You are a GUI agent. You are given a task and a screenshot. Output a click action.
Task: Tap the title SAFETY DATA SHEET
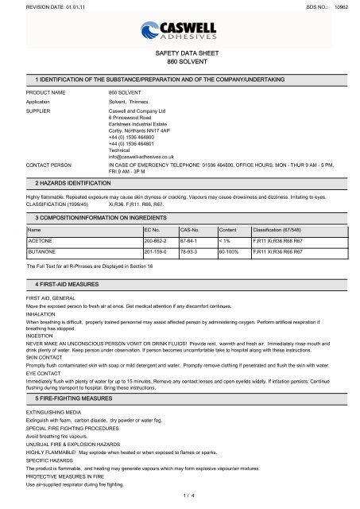point(180,52)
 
